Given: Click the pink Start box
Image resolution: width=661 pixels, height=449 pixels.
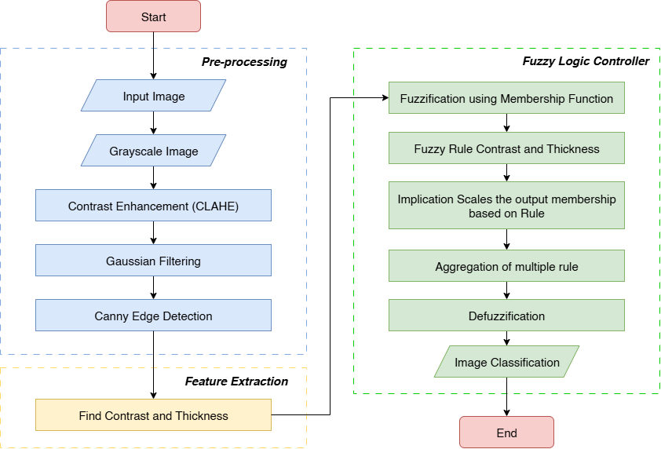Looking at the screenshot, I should click(153, 16).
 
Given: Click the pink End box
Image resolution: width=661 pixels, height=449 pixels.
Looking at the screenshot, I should click(506, 433).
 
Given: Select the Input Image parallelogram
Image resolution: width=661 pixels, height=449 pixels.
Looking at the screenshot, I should click(153, 97).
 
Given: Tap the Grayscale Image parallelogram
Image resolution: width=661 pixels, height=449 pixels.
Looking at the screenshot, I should click(153, 151).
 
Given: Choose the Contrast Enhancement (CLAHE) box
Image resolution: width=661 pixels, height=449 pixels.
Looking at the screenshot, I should click(153, 206).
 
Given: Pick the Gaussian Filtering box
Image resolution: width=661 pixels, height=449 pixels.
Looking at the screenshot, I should click(153, 261).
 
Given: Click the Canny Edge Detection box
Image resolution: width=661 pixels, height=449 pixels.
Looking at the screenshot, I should click(153, 316).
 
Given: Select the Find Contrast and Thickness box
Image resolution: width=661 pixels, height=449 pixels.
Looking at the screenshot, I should click(153, 415).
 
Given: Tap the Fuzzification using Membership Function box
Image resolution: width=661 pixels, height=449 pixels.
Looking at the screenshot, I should click(506, 99).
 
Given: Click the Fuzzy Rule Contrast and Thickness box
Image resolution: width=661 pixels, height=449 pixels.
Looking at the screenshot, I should click(506, 148).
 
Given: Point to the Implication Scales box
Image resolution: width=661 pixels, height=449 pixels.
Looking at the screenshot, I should click(506, 206).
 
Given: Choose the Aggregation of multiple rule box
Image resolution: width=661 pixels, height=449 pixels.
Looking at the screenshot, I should click(506, 266).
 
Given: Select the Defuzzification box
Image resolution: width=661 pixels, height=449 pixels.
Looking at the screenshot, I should click(506, 316).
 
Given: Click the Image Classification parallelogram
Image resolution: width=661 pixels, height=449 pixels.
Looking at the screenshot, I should click(506, 362).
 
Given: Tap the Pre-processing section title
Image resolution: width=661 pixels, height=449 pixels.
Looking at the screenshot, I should click(244, 62).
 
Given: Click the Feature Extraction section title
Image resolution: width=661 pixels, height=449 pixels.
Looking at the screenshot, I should click(236, 381).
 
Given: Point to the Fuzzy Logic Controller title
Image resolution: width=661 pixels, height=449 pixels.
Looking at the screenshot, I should click(586, 61).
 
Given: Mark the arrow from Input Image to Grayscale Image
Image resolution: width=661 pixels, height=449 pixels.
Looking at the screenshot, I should click(153, 122).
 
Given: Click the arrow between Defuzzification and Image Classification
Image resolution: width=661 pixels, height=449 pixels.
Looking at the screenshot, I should click(506, 338).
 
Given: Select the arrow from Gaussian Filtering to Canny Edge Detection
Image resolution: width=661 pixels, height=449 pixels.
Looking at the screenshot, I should click(153, 289).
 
